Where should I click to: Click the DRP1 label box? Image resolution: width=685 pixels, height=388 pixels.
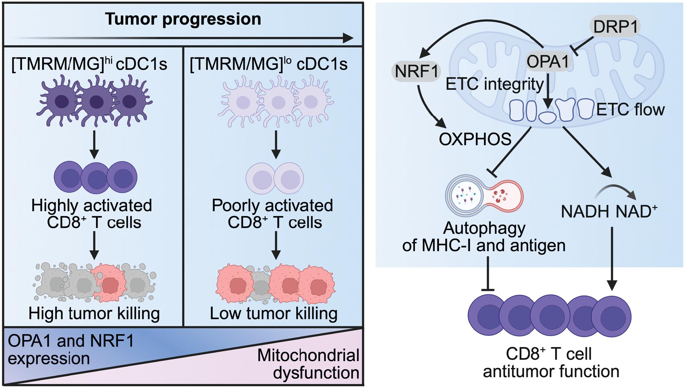pos(615,26)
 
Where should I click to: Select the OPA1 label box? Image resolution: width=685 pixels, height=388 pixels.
pos(547,61)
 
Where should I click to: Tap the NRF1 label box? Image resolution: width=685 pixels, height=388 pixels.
pos(416,71)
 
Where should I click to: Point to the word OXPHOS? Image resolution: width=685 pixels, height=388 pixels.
pos(475,139)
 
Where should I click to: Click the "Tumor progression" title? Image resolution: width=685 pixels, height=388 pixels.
pos(183,19)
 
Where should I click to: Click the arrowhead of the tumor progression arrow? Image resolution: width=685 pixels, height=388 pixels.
pos(348,38)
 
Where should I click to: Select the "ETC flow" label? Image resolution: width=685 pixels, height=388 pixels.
pos(630,110)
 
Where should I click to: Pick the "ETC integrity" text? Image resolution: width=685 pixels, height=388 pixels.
pos(494,84)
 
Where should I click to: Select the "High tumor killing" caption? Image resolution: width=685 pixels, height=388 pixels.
pos(94,313)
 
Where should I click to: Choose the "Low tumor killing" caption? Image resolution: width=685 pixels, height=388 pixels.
pos(274,313)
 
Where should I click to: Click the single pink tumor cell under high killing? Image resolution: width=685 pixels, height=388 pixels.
pos(109,283)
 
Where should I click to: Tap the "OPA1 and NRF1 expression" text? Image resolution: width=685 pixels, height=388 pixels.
pos(70,349)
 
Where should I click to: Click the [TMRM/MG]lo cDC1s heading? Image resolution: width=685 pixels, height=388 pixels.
pos(268,64)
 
